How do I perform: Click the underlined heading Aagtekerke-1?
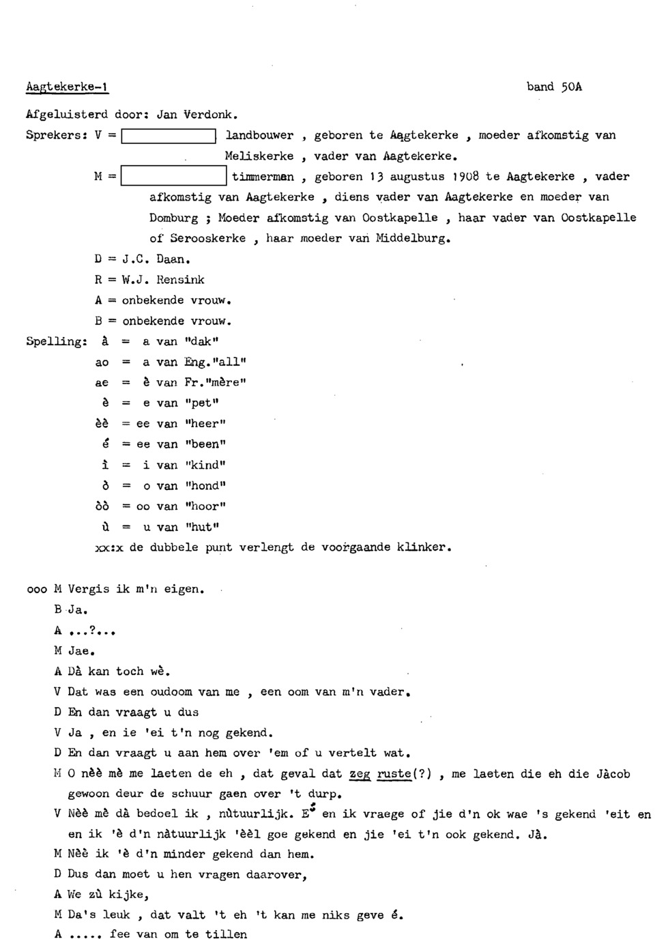[x=68, y=87]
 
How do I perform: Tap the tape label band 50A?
[x=554, y=87]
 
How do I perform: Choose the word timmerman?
[x=263, y=177]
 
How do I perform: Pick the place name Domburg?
[x=173, y=218]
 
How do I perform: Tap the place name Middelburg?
[x=412, y=239]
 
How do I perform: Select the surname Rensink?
[x=180, y=279]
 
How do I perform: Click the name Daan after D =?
[x=172, y=259]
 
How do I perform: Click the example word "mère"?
[x=223, y=382]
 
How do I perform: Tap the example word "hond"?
[x=205, y=486]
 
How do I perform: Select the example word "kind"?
[x=205, y=465]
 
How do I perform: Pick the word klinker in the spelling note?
[x=423, y=547]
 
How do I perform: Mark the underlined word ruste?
[x=394, y=773]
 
